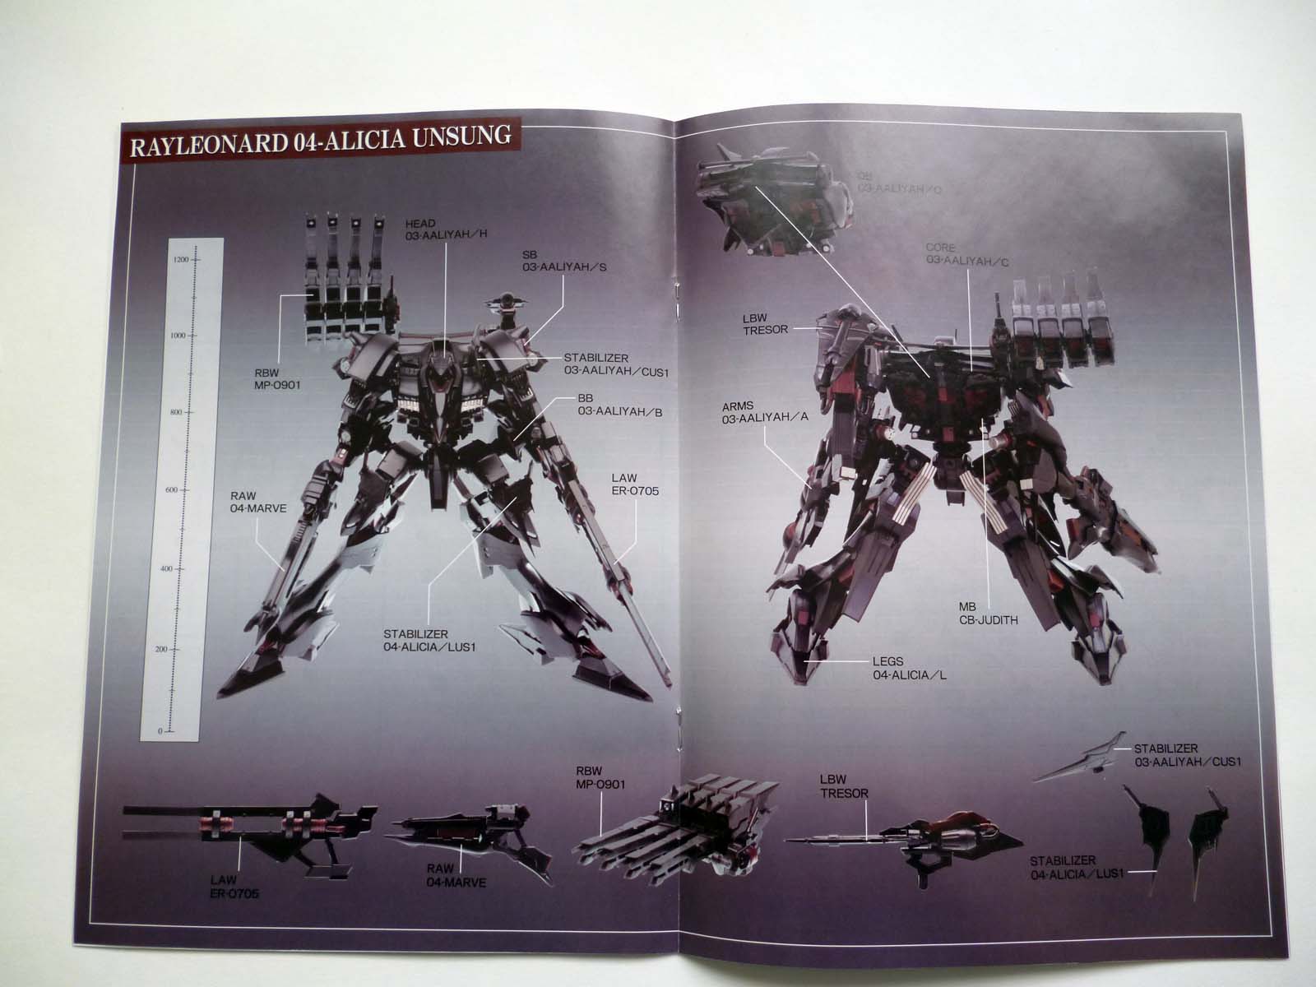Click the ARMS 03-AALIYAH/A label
(766, 410)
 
